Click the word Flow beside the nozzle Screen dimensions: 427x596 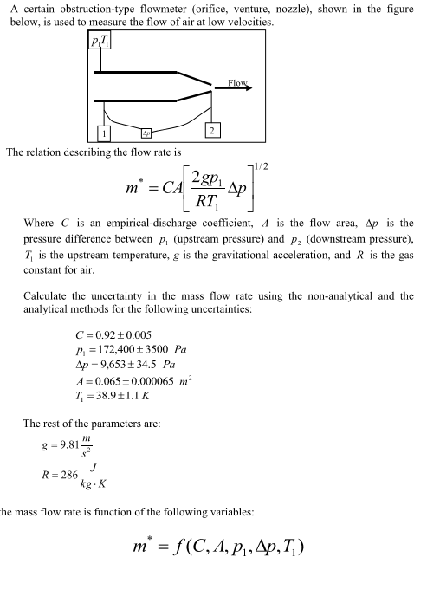(x=237, y=83)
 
